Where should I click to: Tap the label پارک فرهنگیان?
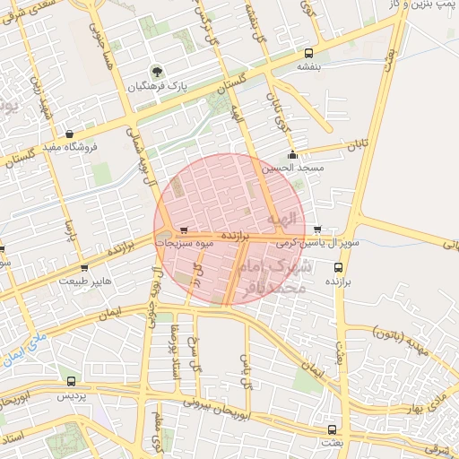[x=159, y=88]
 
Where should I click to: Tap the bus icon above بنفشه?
[x=309, y=53]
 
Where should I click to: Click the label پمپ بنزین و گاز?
[x=418, y=5]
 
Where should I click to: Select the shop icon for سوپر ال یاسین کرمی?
[x=316, y=229]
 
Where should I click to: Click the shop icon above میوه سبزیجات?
[x=184, y=229]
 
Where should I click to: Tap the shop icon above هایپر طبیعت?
[x=84, y=267]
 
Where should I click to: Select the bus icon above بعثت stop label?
[x=332, y=429]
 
